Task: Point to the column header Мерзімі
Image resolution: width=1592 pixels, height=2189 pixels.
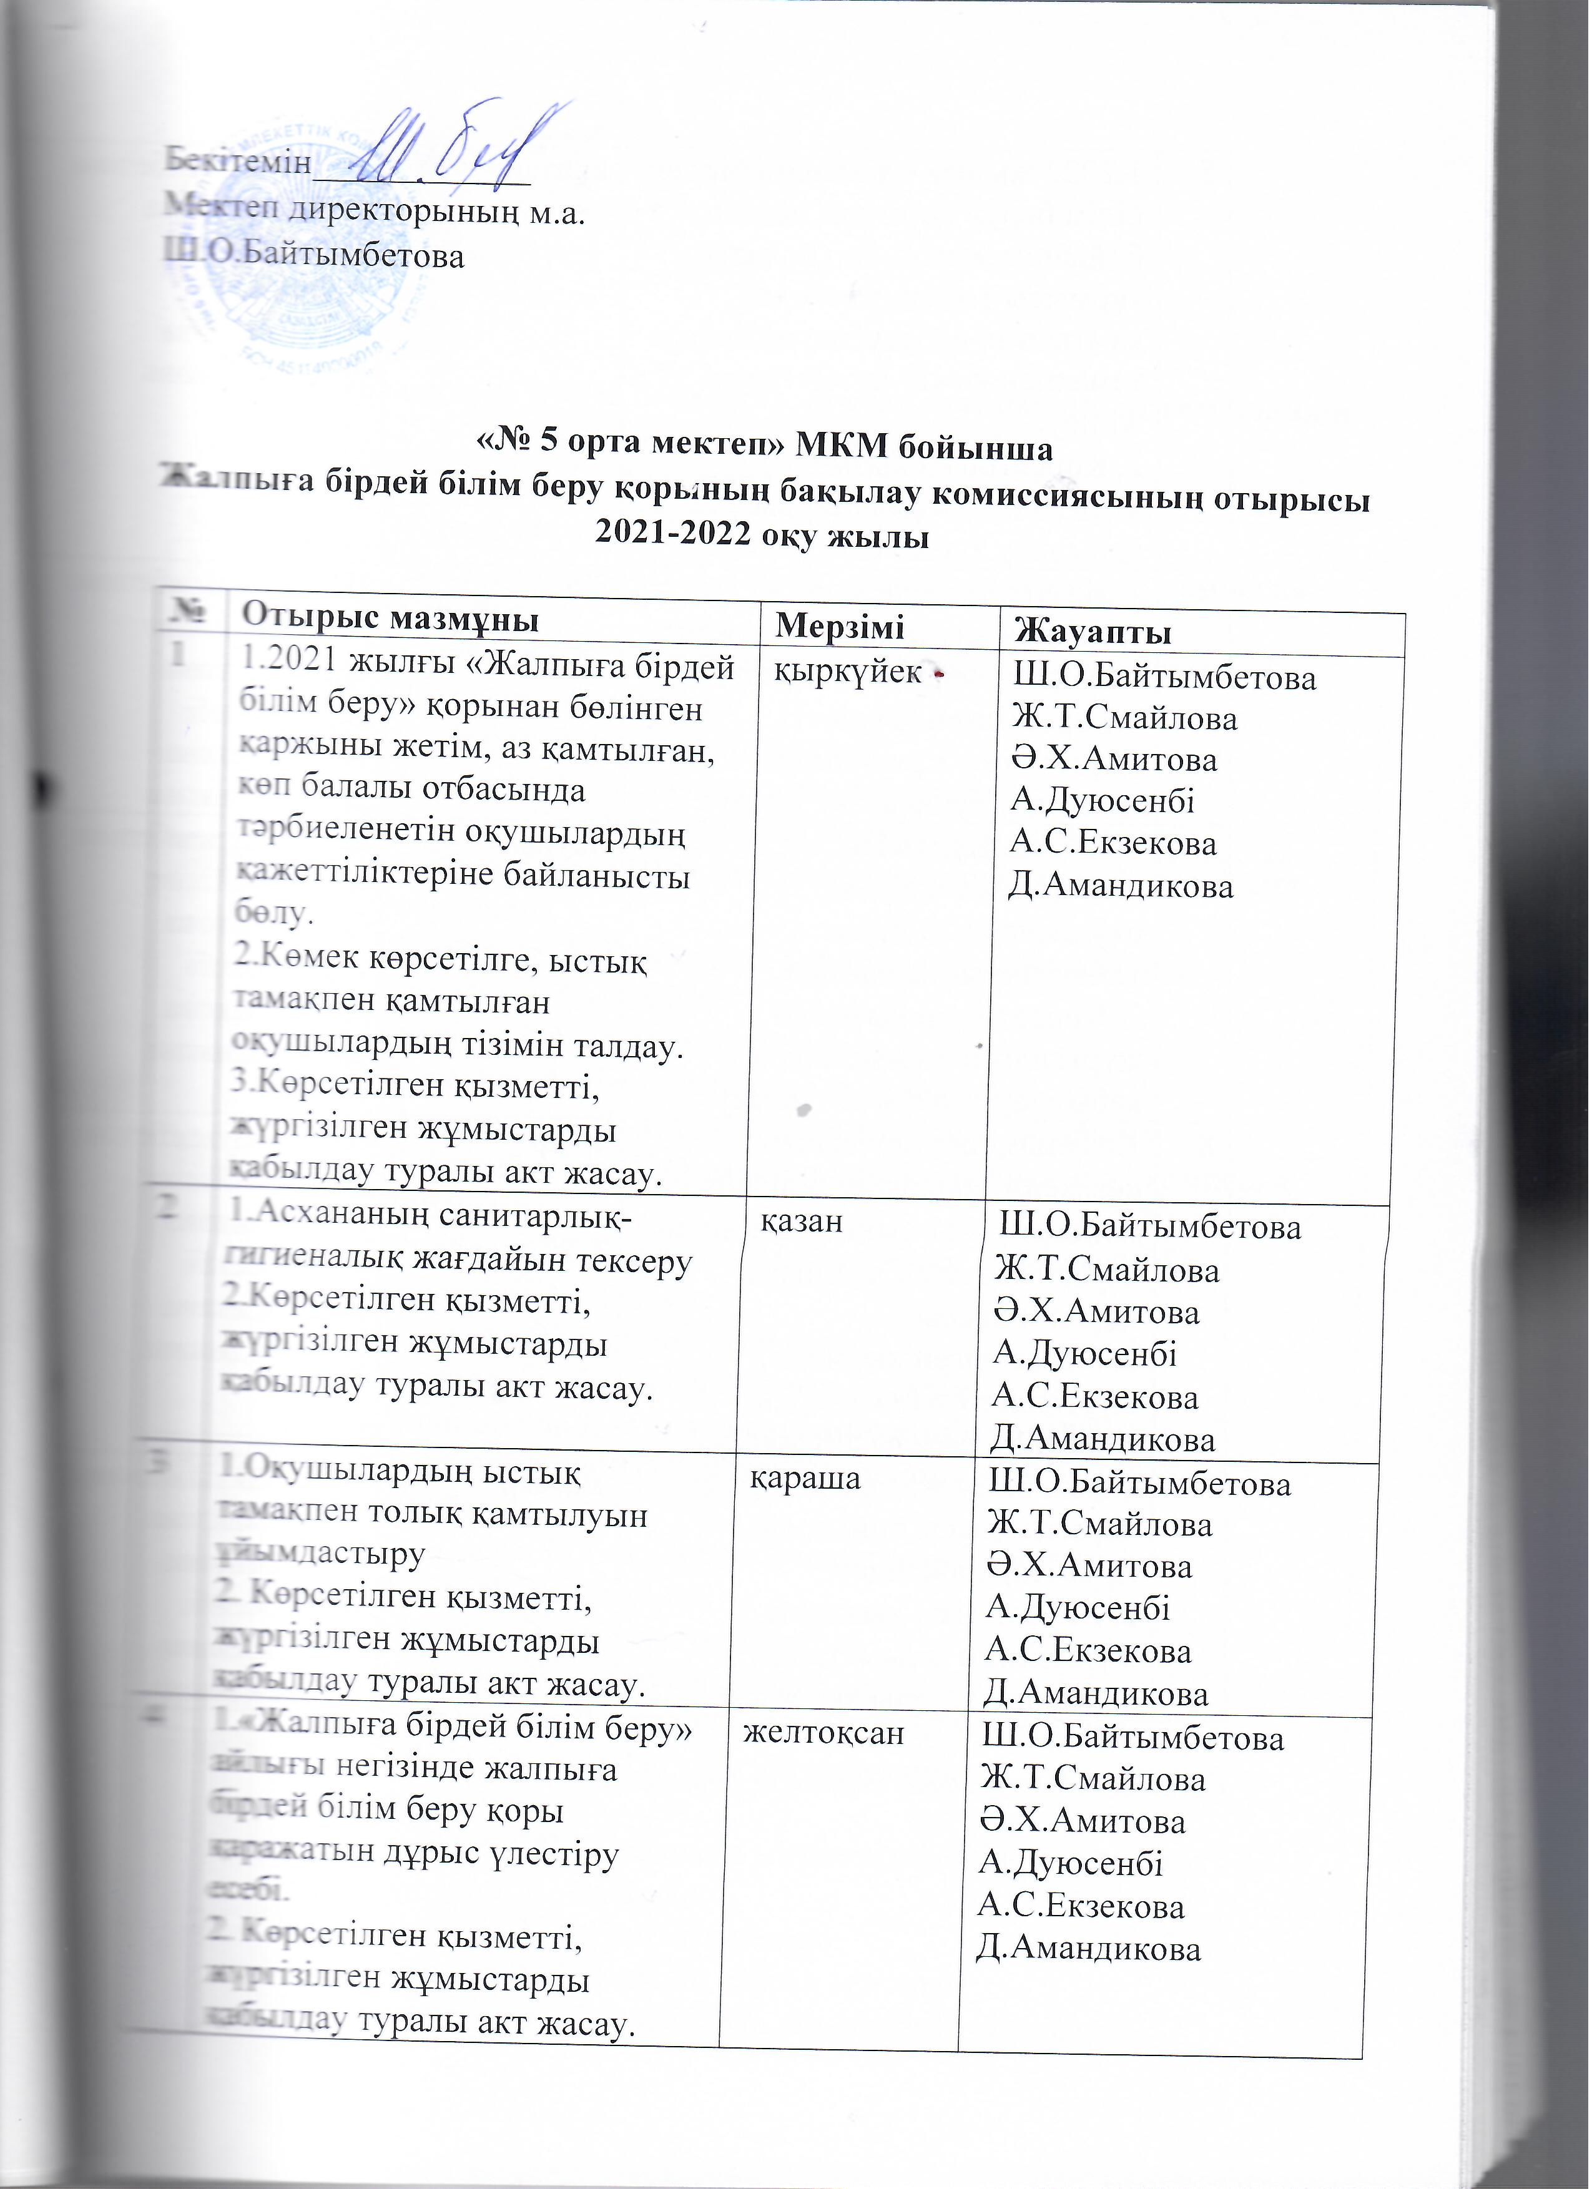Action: (840, 627)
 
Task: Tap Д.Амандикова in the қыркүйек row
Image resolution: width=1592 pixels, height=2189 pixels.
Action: (1121, 886)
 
